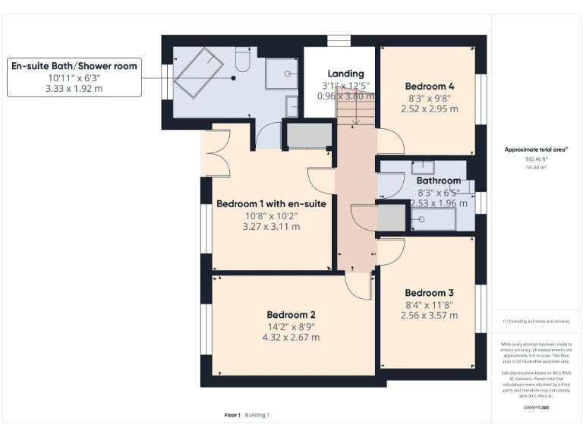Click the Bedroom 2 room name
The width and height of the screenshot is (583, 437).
[291, 315]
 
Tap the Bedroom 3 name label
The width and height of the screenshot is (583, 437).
[429, 293]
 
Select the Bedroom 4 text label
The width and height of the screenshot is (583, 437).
[429, 86]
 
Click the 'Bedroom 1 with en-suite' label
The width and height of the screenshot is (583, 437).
[271, 204]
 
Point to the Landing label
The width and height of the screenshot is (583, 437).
[345, 74]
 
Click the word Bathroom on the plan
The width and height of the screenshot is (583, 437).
[438, 181]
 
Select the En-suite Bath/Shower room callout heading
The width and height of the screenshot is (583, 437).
[74, 66]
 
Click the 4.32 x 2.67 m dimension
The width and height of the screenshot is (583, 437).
[291, 338]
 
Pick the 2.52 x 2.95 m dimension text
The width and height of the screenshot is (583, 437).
[429, 108]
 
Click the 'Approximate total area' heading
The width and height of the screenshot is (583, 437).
[536, 150]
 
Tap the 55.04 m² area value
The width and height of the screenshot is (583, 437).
[537, 168]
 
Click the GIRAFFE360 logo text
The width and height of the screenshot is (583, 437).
[536, 409]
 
